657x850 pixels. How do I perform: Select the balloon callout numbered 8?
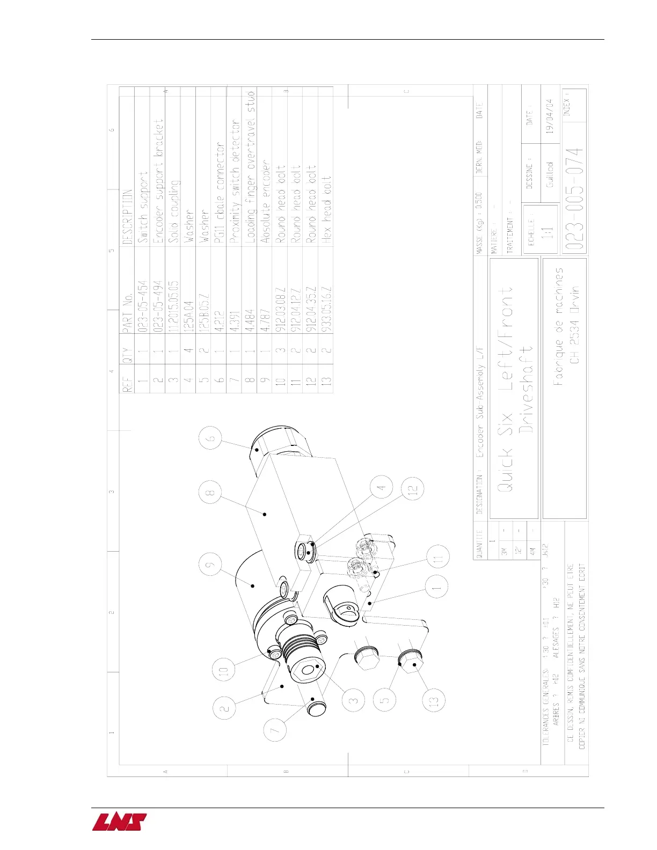[x=210, y=492]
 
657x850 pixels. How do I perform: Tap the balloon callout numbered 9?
[x=210, y=565]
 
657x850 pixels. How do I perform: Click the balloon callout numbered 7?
[x=275, y=730]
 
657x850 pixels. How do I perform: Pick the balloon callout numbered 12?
[x=412, y=489]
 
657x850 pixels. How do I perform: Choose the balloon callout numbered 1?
[x=437, y=588]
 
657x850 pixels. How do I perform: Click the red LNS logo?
[x=119, y=822]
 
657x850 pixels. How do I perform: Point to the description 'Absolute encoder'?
[x=265, y=201]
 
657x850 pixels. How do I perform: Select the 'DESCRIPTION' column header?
[x=127, y=217]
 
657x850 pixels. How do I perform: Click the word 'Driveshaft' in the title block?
[x=527, y=390]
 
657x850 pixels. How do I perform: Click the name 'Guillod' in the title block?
[x=550, y=174]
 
